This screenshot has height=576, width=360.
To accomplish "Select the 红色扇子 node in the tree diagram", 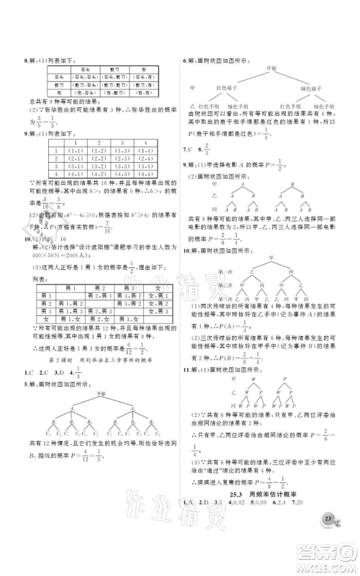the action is tap(233, 88).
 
